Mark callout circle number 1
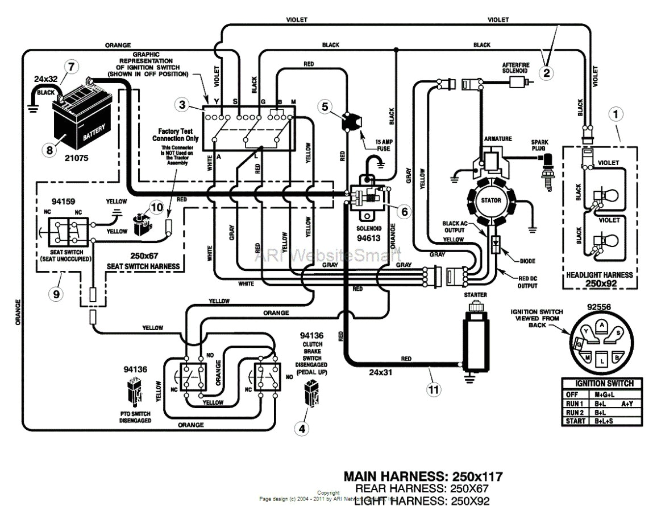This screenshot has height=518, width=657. coord(616,114)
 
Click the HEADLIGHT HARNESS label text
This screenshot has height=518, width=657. coord(600,275)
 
